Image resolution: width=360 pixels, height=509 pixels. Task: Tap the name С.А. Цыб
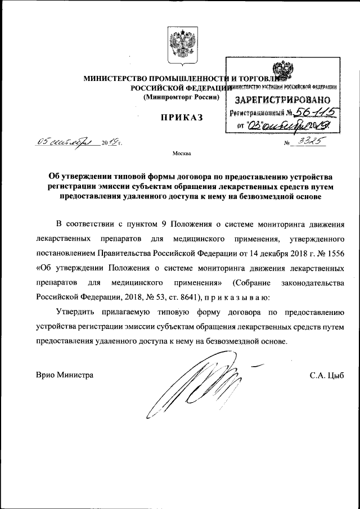(x=326, y=375)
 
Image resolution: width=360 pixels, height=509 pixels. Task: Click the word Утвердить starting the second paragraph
(x=76, y=311)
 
